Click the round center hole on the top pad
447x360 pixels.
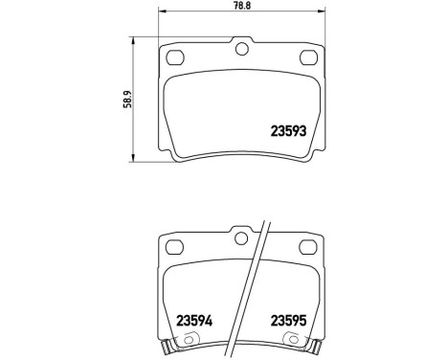point(241,49)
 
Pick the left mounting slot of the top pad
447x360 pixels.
point(173,58)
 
